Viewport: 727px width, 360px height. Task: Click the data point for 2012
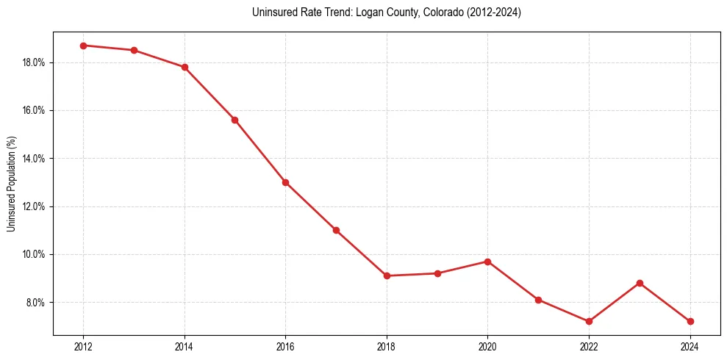tap(83, 46)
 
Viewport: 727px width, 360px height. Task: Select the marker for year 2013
tap(134, 50)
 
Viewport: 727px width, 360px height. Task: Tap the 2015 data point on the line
tap(234, 120)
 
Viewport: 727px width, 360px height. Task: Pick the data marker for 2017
tap(336, 230)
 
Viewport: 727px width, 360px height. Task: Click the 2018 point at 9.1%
tap(387, 276)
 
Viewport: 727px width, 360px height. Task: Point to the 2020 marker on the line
tap(487, 262)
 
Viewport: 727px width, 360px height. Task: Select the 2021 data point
tap(538, 300)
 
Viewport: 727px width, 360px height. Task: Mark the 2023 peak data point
tap(640, 283)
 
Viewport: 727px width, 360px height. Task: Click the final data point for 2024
tap(690, 321)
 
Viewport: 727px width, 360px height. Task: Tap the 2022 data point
tap(589, 321)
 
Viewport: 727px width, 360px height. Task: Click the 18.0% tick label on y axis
tap(34, 62)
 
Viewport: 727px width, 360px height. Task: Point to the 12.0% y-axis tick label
tap(34, 206)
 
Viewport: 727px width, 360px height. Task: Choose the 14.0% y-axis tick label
tap(34, 159)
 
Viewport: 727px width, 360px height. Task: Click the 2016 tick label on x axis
tap(285, 347)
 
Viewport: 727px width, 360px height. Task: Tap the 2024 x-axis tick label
tap(690, 347)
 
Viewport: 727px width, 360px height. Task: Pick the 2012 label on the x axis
tap(83, 347)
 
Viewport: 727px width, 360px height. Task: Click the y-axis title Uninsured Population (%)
tap(11, 184)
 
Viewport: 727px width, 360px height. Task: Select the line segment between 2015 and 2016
tap(260, 151)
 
